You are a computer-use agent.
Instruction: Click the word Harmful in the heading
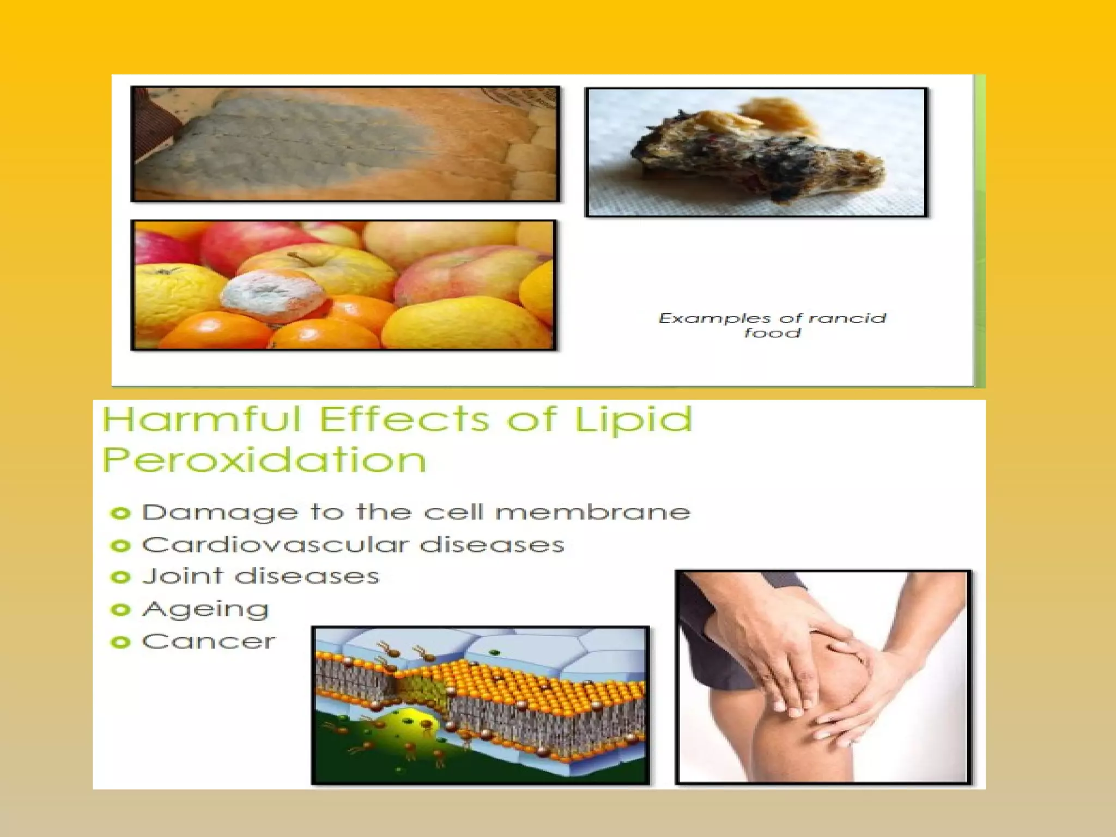coord(202,420)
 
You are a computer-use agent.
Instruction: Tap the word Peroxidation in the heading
coord(264,460)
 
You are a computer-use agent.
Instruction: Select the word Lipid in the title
coord(633,421)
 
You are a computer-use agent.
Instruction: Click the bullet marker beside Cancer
coord(120,642)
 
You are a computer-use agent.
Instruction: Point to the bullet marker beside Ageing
coord(120,609)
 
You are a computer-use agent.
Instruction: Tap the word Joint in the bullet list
coord(183,577)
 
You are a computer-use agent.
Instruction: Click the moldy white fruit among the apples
coord(272,294)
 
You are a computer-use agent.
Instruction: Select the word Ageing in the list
coord(205,610)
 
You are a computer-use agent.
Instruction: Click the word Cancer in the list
coord(209,642)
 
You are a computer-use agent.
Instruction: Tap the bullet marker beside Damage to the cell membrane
coord(120,513)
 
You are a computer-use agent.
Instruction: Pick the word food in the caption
coord(773,332)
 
